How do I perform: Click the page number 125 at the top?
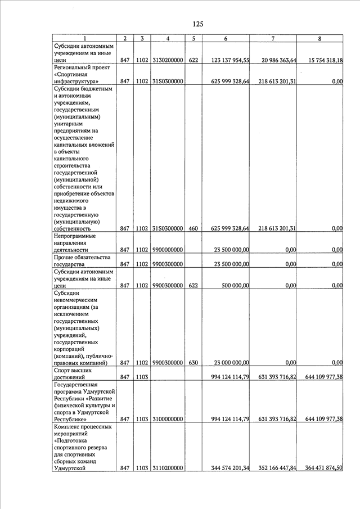pos(197,24)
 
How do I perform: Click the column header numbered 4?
pos(168,38)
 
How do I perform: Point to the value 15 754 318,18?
pos(322,60)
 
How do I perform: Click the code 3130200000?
pos(168,60)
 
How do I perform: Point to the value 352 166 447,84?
pos(273,468)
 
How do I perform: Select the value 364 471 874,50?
pos(322,468)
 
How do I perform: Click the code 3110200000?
pos(168,468)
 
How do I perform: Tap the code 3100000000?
pos(168,420)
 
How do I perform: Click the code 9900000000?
pos(168,250)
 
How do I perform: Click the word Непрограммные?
pos(75,236)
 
